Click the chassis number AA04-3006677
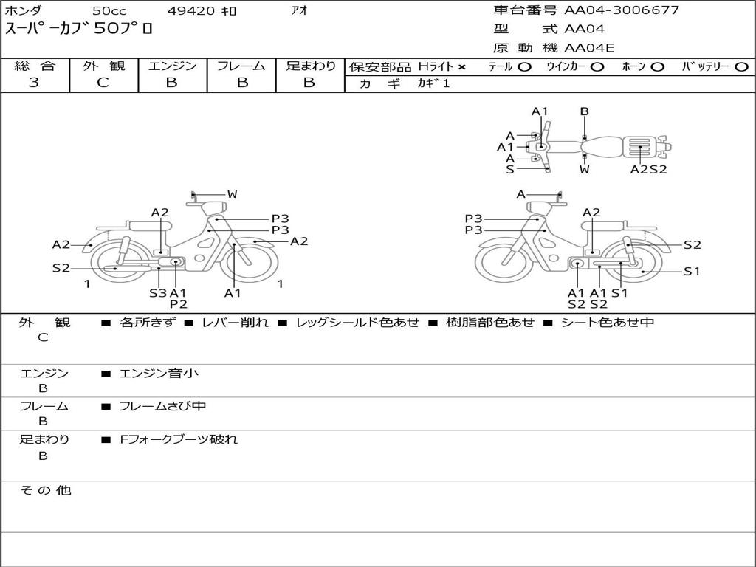pos(622,10)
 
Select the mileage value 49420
pos(191,11)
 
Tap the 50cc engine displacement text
pos(109,11)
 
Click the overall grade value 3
pos(34,83)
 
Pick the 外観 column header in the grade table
pos(103,66)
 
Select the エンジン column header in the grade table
pos(172,66)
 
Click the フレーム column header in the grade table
pos(241,66)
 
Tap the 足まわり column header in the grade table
pos(310,66)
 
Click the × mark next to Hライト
pos(462,67)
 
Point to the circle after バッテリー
pos(741,67)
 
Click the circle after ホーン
pos(657,67)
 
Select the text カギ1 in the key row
pos(433,83)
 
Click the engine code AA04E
pos(589,48)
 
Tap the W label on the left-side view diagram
pos(232,194)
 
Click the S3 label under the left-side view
pos(158,293)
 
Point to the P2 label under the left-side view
pos(178,304)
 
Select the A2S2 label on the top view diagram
pos(648,169)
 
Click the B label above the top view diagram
pos(584,111)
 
